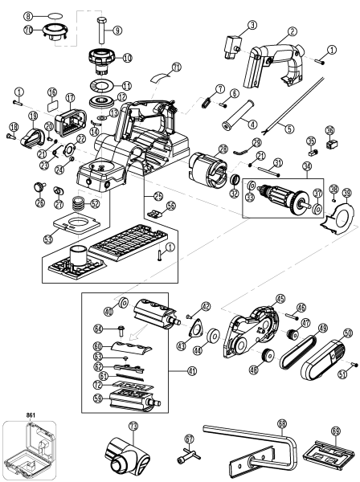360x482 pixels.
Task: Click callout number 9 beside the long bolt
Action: click(117, 30)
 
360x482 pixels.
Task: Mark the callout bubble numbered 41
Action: click(191, 371)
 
